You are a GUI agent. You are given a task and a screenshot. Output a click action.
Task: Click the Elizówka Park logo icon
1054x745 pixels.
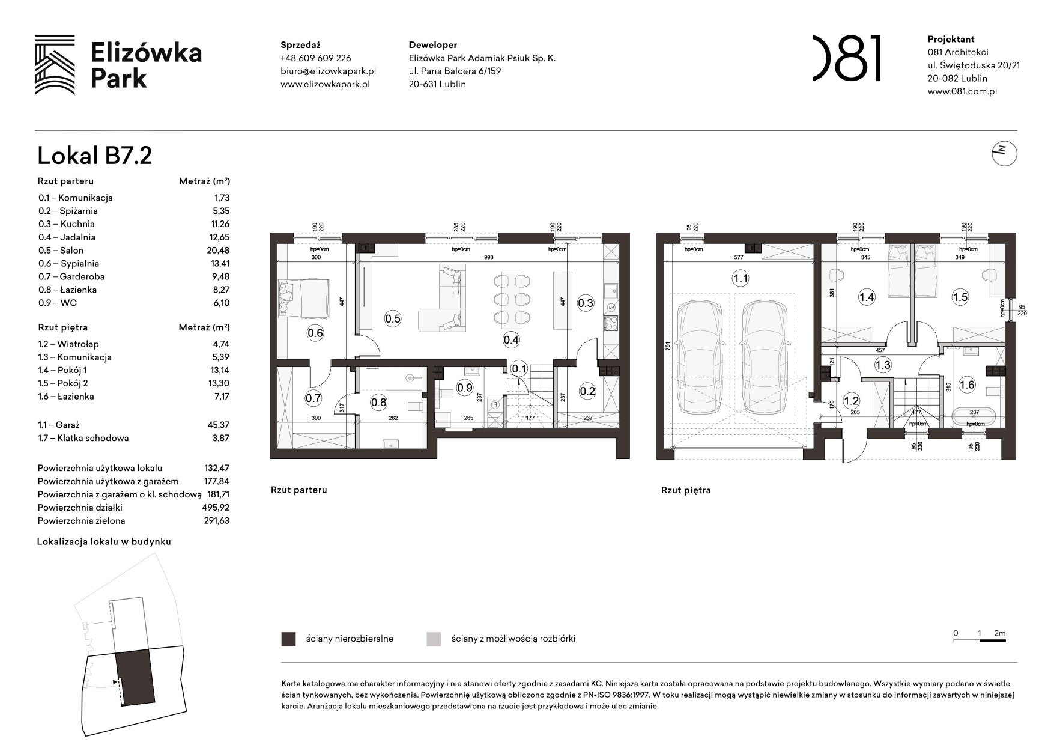pyautogui.click(x=55, y=65)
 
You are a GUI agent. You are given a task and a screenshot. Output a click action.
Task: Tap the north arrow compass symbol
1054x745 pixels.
pyautogui.click(x=1004, y=154)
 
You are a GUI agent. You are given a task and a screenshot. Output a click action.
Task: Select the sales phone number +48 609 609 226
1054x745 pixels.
pyautogui.click(x=315, y=58)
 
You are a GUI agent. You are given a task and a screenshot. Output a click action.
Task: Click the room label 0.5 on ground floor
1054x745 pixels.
pyautogui.click(x=392, y=318)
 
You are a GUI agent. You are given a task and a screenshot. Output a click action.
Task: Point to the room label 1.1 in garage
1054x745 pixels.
pyautogui.click(x=740, y=278)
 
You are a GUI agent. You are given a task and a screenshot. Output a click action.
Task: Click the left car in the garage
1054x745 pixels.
pyautogui.click(x=698, y=358)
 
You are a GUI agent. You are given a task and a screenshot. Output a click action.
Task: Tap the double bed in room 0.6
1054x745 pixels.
pyautogui.click(x=303, y=298)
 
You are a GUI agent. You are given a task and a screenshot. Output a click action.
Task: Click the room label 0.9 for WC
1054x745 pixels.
pyautogui.click(x=465, y=388)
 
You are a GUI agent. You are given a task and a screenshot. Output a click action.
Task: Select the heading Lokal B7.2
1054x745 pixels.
pyautogui.click(x=94, y=156)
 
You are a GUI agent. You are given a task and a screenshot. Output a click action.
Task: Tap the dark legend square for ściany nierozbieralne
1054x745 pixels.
pyautogui.click(x=288, y=639)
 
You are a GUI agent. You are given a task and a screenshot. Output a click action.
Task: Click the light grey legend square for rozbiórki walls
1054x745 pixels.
pyautogui.click(x=433, y=639)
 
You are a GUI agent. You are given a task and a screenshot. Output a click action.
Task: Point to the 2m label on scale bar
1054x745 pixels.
pyautogui.click(x=999, y=633)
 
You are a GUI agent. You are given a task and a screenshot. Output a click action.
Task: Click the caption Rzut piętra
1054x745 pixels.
pyautogui.click(x=685, y=490)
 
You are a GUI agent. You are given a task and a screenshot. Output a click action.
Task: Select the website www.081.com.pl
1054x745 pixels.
pyautogui.click(x=962, y=91)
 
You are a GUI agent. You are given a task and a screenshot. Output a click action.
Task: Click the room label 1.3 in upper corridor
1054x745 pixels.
pyautogui.click(x=882, y=365)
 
